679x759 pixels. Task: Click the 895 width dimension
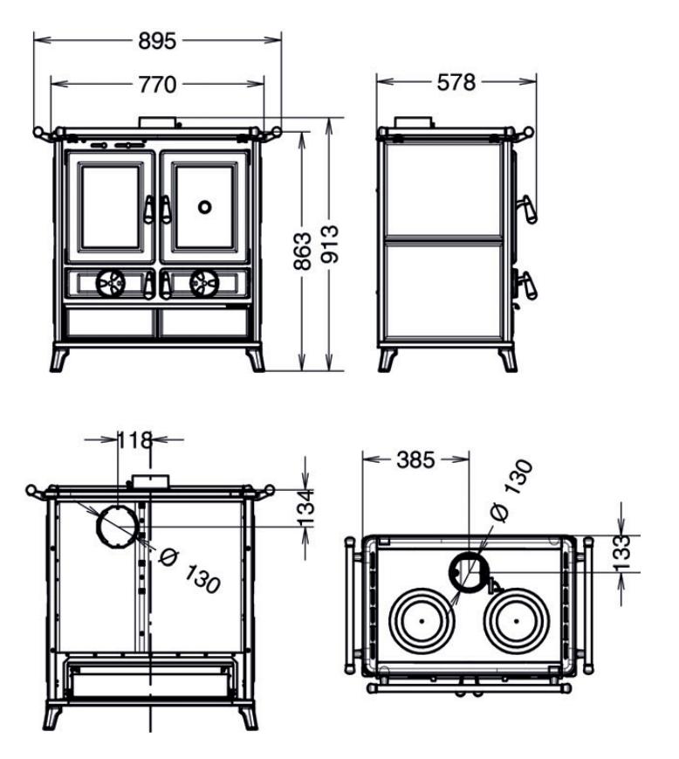click(157, 41)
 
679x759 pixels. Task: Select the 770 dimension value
click(157, 85)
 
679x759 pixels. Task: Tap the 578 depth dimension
click(456, 83)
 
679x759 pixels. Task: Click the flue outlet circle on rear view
click(116, 525)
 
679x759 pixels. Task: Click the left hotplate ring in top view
click(421, 620)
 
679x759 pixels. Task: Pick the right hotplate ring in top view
click(518, 620)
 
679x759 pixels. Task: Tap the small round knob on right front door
click(204, 207)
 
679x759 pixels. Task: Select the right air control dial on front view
click(204, 281)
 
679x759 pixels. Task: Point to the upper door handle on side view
click(526, 210)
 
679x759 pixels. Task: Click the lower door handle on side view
click(526, 284)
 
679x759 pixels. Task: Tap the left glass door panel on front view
click(111, 207)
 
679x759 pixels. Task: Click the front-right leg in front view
click(255, 358)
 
